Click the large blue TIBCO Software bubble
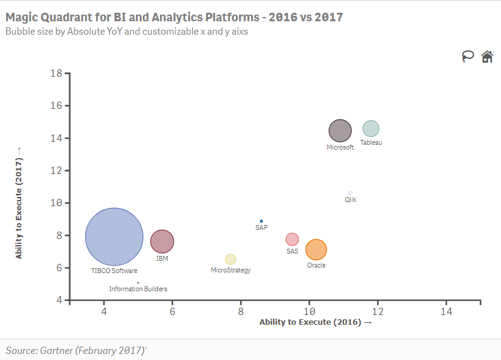click(114, 237)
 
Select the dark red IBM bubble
click(162, 241)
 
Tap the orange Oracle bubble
click(316, 249)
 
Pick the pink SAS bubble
click(292, 239)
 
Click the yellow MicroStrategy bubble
click(230, 259)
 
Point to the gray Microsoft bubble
click(340, 131)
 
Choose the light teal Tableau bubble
click(371, 129)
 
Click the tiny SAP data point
click(261, 221)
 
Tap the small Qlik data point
click(350, 193)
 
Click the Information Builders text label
click(138, 289)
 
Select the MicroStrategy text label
click(230, 270)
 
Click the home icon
click(487, 57)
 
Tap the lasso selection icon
click(468, 57)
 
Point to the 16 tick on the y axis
click(67, 105)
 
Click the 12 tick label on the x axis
click(378, 311)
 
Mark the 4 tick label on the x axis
click(104, 311)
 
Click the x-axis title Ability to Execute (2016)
click(316, 322)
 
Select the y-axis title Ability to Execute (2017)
click(19, 203)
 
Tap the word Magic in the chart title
click(21, 17)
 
